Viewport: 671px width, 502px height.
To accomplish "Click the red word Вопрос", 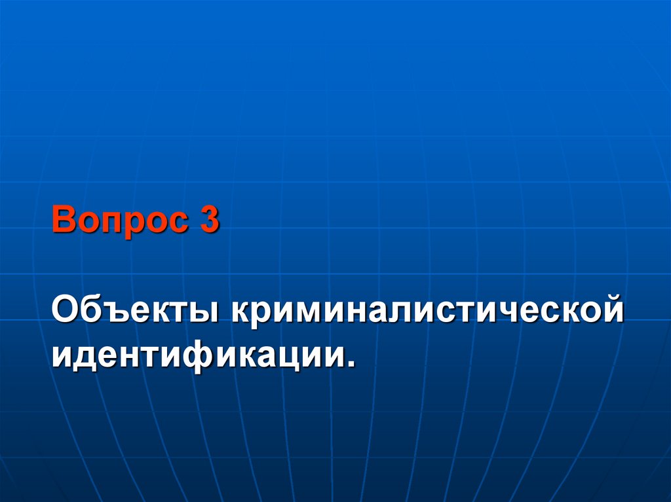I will click(117, 220).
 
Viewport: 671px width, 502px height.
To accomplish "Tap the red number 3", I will click(209, 220).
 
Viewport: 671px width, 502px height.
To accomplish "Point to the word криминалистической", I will click(425, 309).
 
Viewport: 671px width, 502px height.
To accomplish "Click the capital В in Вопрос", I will click(64, 220).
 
